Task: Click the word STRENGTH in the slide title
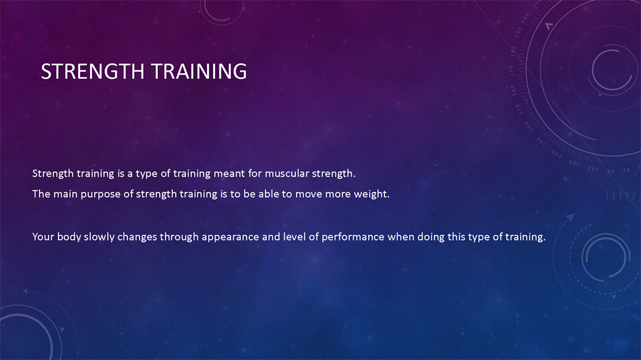coord(93,72)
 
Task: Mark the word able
coord(269,194)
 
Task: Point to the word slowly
coord(99,237)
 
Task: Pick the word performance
coord(353,238)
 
